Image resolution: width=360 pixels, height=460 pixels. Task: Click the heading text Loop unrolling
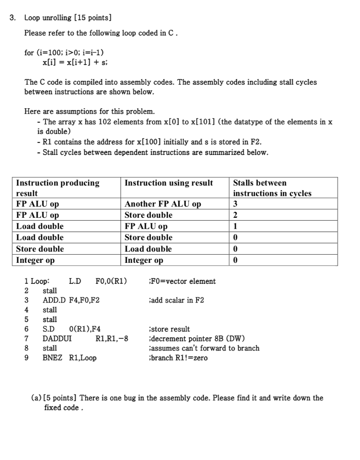tap(48, 18)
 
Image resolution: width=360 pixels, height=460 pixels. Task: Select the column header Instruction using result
tap(169, 183)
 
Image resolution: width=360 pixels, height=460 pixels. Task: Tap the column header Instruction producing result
tap(58, 188)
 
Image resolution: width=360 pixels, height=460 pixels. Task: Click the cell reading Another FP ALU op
tap(162, 204)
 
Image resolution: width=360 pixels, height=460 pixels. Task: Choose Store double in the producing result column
tap(40, 249)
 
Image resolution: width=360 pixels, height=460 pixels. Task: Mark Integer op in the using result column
tap(144, 260)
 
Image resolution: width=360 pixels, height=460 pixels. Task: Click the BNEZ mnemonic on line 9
tap(53, 358)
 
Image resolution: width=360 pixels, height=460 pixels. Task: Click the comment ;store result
tap(169, 329)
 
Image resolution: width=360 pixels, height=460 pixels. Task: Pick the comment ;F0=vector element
tap(182, 281)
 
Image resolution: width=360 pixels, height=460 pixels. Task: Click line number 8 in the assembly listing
tap(26, 348)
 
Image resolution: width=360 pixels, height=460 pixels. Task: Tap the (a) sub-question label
tap(36, 398)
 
